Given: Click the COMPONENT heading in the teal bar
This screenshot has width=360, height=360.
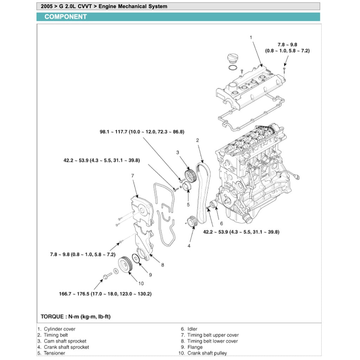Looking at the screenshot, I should pos(65,17).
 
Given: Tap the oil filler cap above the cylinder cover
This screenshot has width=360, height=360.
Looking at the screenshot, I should pos(232,58).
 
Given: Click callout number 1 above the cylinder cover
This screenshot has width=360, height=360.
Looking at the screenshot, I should pos(251,37).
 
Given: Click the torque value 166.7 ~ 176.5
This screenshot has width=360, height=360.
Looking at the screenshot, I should pos(105,294).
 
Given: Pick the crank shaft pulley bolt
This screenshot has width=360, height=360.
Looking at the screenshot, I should pos(106,275).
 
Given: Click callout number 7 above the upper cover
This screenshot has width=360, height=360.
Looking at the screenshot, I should pos(133,176).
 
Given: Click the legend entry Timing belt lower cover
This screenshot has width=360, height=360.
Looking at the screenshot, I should pos(212,341).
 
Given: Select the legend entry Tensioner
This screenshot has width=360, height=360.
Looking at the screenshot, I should pos(54,353).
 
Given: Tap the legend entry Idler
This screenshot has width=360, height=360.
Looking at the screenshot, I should pos(192,329).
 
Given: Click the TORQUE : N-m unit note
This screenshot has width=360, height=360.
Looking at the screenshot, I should pos(76,317).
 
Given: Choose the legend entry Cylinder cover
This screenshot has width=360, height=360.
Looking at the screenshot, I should pos(59,329).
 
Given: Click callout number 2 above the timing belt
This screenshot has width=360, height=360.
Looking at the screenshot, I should pos(198,140).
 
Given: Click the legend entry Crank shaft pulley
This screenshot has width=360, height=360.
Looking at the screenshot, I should pos(207,353).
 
